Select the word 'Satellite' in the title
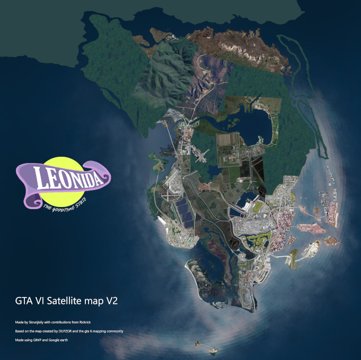click(67, 301)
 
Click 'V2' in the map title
click(111, 301)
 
